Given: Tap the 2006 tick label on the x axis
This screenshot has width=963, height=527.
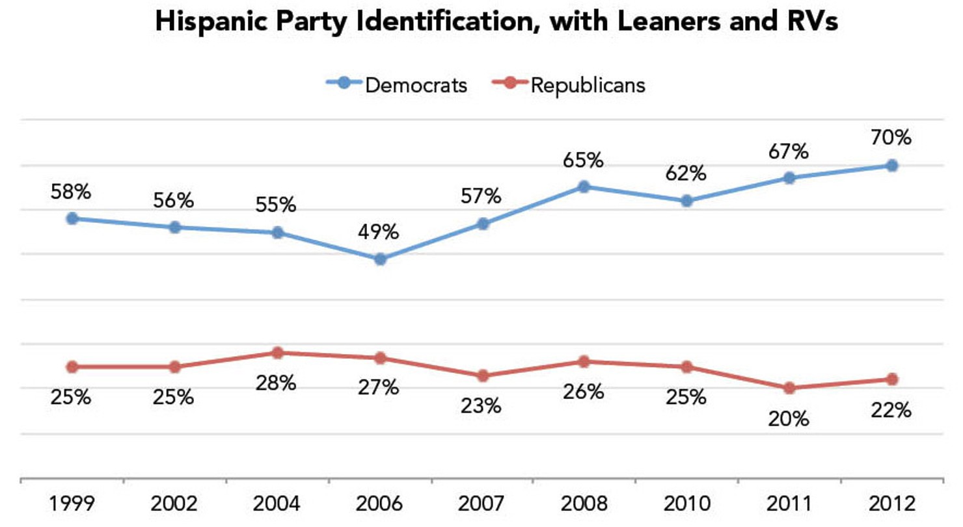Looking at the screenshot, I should point(380,504).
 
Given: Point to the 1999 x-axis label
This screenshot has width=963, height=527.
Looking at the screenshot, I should point(72,504).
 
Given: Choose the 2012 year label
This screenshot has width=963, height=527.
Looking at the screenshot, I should point(892,504).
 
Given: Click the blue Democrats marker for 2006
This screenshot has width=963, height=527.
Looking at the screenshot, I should point(381,259).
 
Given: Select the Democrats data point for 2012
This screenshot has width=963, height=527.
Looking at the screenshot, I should point(892,166).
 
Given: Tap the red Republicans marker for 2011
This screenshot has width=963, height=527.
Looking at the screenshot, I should point(790,388).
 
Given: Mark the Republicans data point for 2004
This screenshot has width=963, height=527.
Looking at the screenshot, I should point(278,353).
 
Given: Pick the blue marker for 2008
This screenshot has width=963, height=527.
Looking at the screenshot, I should point(584,187).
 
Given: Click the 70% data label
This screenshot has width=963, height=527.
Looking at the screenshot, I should point(892,138).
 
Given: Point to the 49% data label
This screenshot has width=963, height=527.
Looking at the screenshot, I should point(381,232).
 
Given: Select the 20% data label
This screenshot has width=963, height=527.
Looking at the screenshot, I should point(790,418).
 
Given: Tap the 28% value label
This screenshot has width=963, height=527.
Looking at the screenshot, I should point(278,383).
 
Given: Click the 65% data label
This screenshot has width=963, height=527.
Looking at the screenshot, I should point(584,160).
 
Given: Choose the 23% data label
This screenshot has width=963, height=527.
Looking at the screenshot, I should point(483,406).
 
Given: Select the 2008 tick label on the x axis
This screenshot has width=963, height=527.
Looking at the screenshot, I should point(584,504).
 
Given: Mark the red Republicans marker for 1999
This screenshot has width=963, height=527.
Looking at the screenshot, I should point(72,367).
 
